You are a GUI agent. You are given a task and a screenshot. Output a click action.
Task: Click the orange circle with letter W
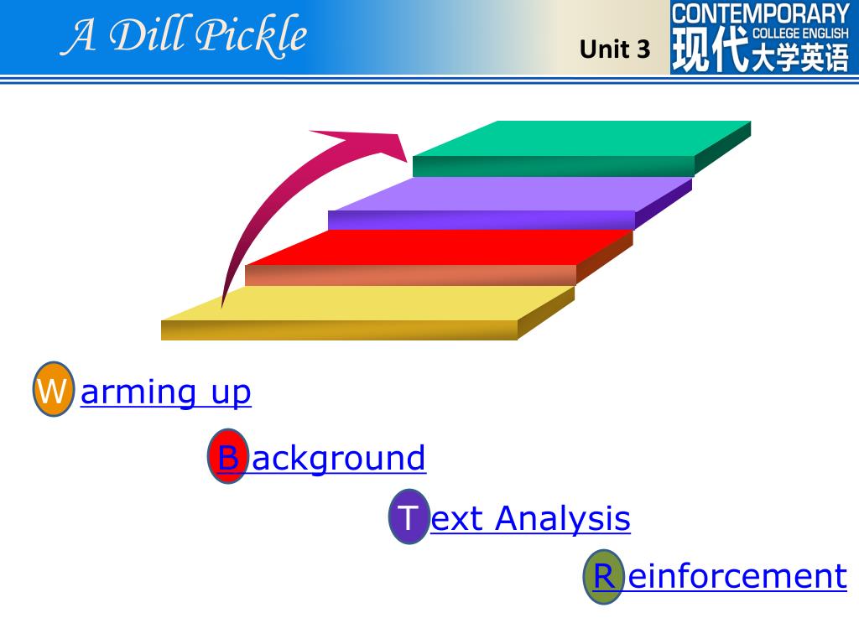54,389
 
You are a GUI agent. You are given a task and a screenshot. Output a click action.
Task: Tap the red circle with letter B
227,457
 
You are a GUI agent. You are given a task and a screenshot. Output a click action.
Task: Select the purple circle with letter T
408,517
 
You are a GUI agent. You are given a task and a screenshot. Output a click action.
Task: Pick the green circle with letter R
604,576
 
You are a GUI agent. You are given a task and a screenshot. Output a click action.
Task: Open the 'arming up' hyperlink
165,392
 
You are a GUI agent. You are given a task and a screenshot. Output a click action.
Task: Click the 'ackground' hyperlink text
339,459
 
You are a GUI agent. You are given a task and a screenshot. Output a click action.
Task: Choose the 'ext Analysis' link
530,518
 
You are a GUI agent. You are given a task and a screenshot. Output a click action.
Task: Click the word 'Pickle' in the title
252,35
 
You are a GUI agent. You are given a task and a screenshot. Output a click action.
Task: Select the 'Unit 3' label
615,49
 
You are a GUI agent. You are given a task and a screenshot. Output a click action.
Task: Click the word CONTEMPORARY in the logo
761,13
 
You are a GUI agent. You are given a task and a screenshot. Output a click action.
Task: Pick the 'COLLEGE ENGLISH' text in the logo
800,34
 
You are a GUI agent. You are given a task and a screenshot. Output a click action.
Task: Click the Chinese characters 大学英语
800,60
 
